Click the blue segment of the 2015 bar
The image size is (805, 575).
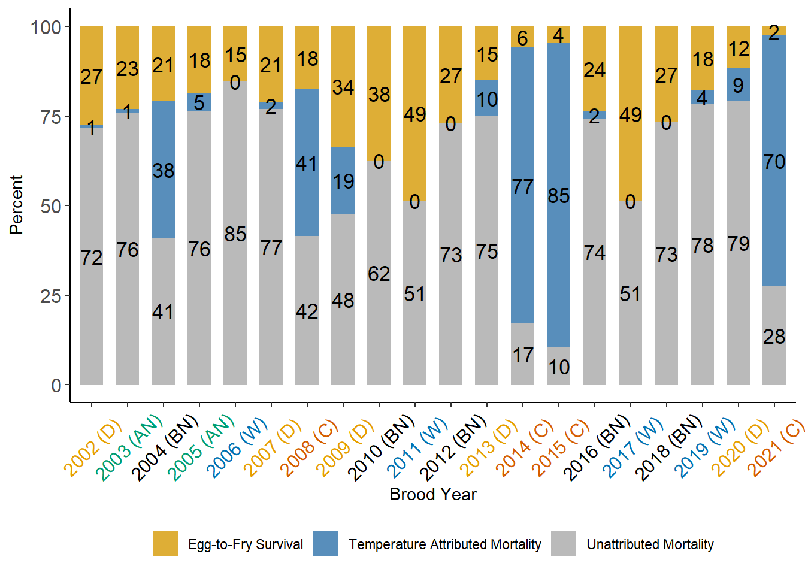coord(558,150)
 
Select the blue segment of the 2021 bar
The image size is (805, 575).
coord(774,120)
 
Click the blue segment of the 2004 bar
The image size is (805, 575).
coord(163,144)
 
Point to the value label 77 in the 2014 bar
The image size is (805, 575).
coord(522,187)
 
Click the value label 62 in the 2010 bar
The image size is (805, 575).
coord(379,274)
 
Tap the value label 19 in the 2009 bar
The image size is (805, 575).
coord(343,181)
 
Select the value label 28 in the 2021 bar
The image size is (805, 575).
coord(774,337)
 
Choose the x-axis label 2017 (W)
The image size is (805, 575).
coord(632,448)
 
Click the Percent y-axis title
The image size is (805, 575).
coord(16,205)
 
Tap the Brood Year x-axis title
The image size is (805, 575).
coord(432,494)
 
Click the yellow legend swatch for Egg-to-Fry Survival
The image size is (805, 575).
coord(165,543)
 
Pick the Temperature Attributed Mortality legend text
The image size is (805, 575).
coord(444,544)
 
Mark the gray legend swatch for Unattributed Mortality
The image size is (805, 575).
coord(563,543)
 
